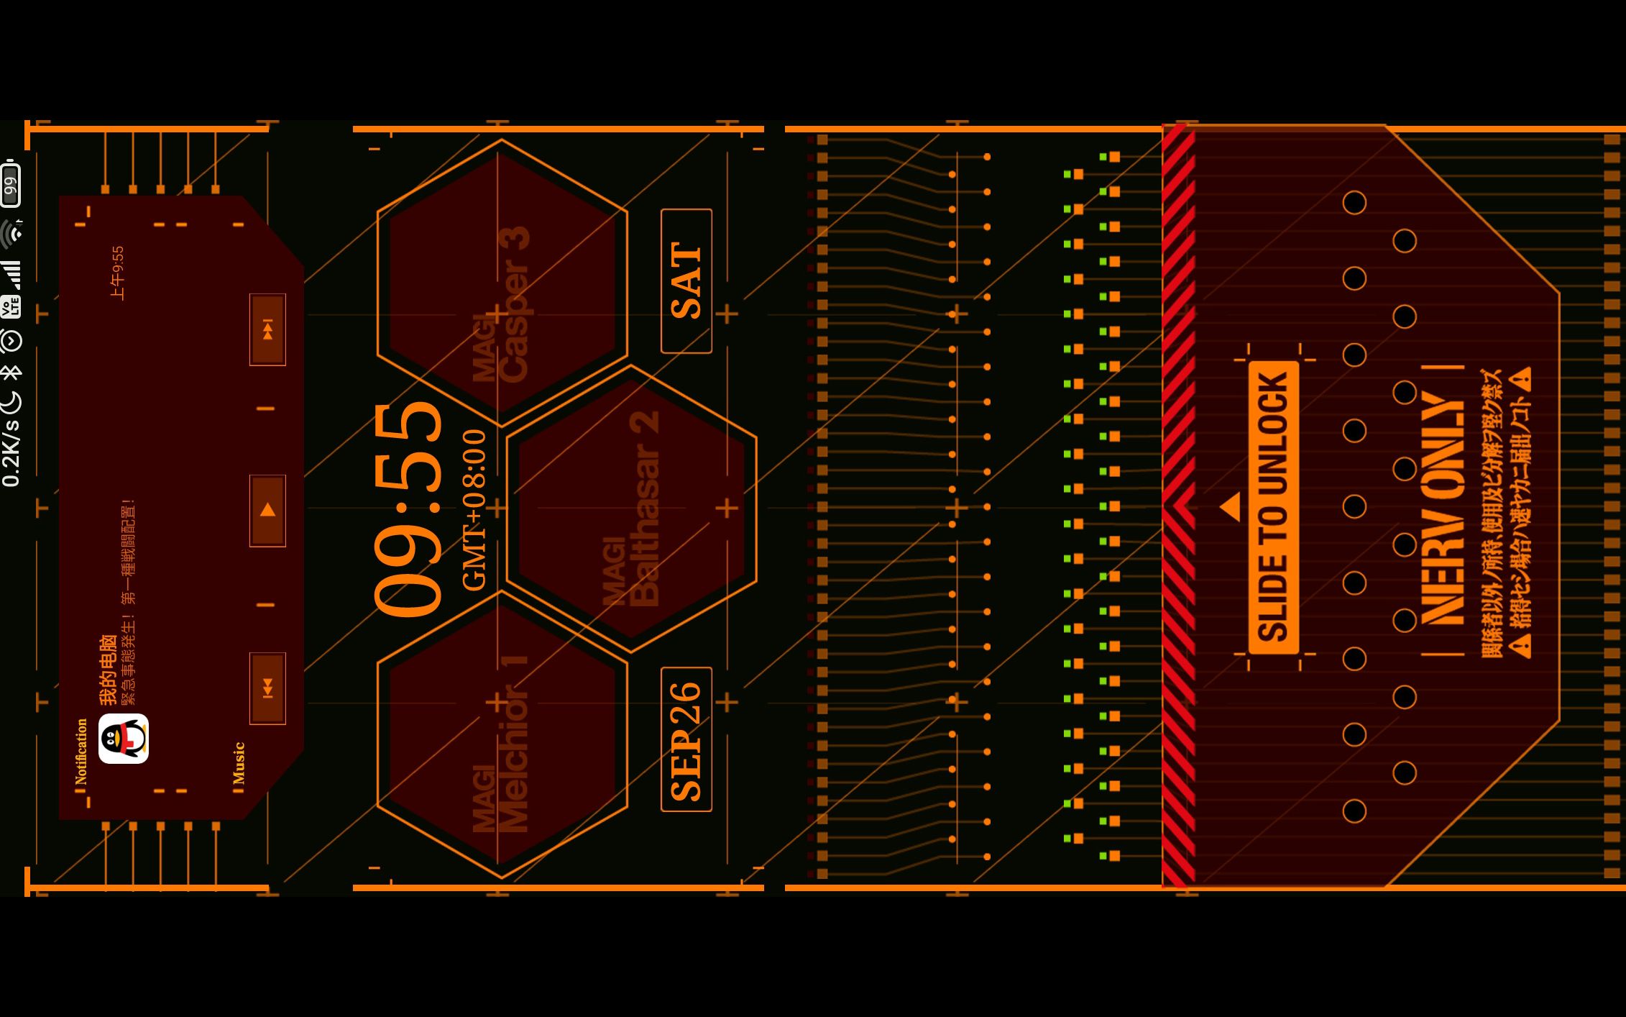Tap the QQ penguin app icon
pyautogui.click(x=124, y=739)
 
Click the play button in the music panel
pyautogui.click(x=267, y=511)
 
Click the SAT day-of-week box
pyautogui.click(x=686, y=281)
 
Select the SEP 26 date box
pyautogui.click(x=686, y=739)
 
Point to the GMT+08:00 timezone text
pyautogui.click(x=474, y=510)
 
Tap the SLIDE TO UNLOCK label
pyautogui.click(x=1273, y=508)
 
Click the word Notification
pyautogui.click(x=81, y=751)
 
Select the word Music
pyautogui.click(x=239, y=763)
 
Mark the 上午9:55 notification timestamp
pyautogui.click(x=117, y=273)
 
